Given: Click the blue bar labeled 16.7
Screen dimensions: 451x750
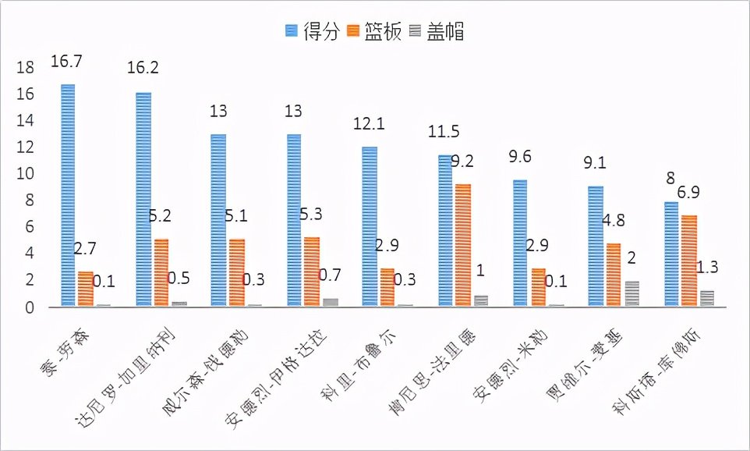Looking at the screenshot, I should click(x=68, y=195).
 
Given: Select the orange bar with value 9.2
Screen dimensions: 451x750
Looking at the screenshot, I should click(x=463, y=245).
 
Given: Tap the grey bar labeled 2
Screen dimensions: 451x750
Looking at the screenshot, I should click(x=631, y=293).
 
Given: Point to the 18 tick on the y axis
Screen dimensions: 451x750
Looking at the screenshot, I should click(x=26, y=68).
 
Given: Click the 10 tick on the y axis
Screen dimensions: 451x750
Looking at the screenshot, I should click(x=26, y=174).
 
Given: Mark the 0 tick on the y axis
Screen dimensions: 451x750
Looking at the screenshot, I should click(x=30, y=307).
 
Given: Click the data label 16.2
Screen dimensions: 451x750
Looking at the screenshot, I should click(x=143, y=68).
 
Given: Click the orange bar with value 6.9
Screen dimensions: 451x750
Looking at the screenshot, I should click(x=689, y=261).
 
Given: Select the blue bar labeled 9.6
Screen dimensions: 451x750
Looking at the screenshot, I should click(x=520, y=243).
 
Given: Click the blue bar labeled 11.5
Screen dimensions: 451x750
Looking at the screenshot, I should click(x=444, y=230).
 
